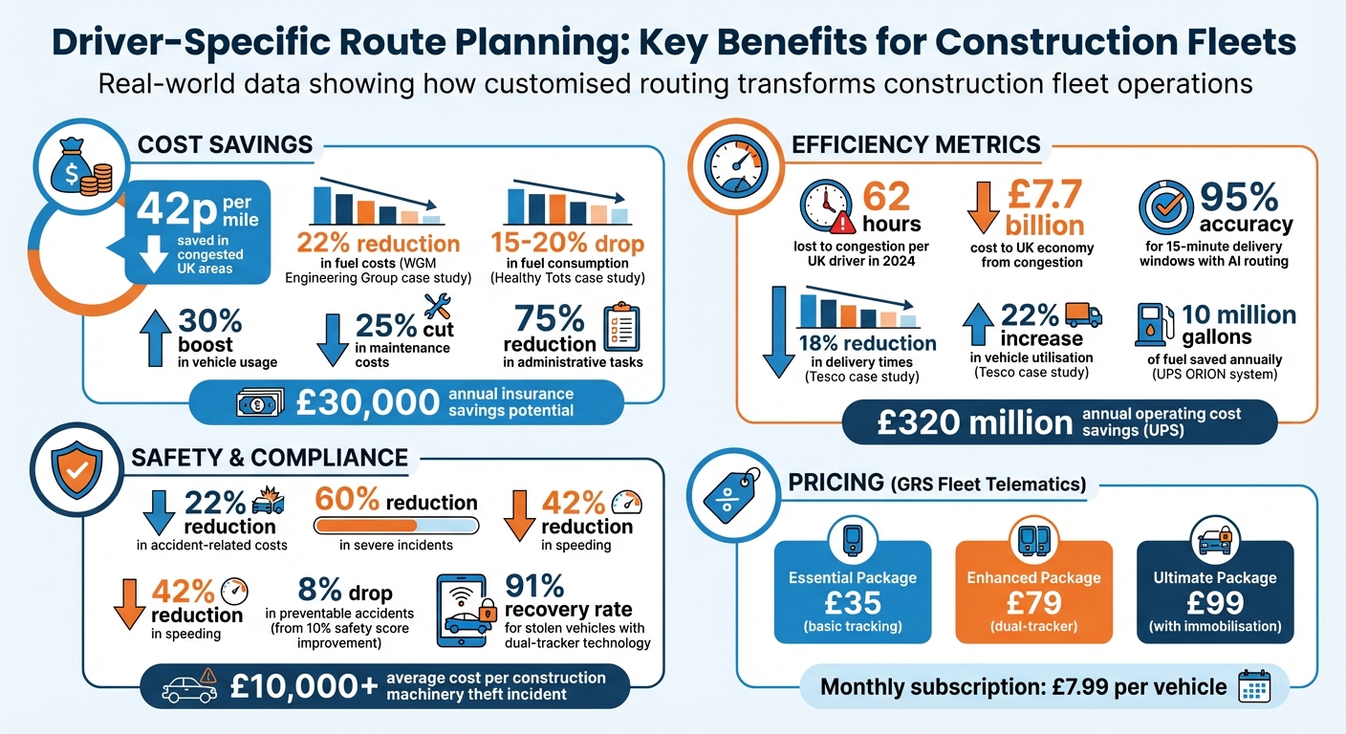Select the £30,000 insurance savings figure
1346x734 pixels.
coord(354,402)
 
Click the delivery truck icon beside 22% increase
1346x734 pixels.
coord(1082,314)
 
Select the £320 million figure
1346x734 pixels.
coord(965,422)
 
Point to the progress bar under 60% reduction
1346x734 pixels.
coord(396,526)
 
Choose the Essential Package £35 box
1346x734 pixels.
coord(852,591)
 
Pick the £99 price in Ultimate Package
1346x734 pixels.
coord(1215,602)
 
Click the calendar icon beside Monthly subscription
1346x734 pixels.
coord(1252,686)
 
